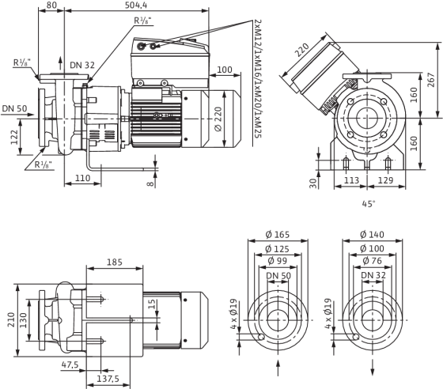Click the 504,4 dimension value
pyautogui.click(x=136, y=5)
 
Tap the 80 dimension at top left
pyautogui.click(x=51, y=5)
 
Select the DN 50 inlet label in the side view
pyautogui.click(x=14, y=108)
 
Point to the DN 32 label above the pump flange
pyautogui.click(x=82, y=65)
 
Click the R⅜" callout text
pyautogui.click(x=142, y=21)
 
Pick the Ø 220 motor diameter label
pyautogui.click(x=218, y=119)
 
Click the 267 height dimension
pyautogui.click(x=431, y=80)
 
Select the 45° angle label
pyautogui.click(x=369, y=204)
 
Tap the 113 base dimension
pyautogui.click(x=351, y=179)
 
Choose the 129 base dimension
pyautogui.click(x=385, y=179)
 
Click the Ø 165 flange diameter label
pyautogui.click(x=278, y=234)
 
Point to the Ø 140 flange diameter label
pyautogui.click(x=372, y=234)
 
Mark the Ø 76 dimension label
pyautogui.click(x=372, y=261)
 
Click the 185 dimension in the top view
pyautogui.click(x=115, y=262)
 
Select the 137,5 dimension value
pyautogui.click(x=108, y=379)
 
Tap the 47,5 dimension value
pyautogui.click(x=70, y=364)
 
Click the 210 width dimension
pyautogui.click(x=11, y=320)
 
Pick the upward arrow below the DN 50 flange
pyautogui.click(x=278, y=368)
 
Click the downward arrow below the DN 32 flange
pyautogui.click(x=373, y=368)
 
